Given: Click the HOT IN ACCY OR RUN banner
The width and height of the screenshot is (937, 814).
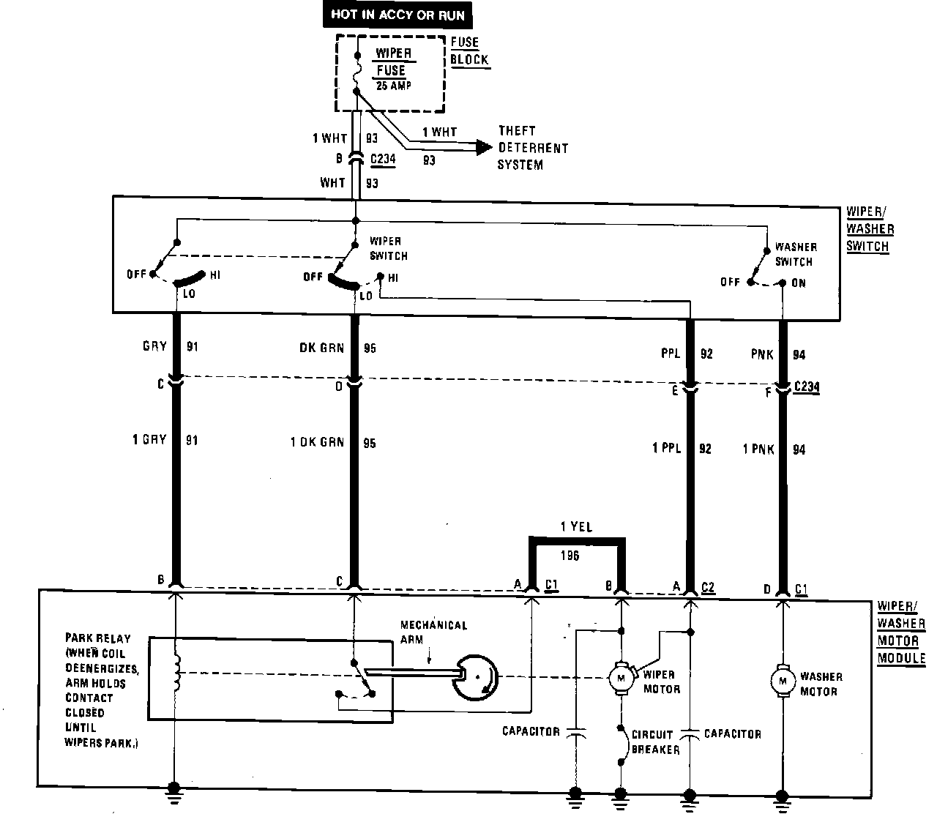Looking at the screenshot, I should tap(397, 15).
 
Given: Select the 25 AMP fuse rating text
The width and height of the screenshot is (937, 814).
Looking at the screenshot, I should tap(393, 86).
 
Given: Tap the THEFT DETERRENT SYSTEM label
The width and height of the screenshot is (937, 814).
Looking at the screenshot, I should tap(532, 148).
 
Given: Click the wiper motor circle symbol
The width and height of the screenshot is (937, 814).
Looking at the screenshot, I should tap(621, 678).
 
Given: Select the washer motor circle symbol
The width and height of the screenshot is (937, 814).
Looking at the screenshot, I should tap(783, 680).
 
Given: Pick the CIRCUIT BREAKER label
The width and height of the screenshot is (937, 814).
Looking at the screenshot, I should tap(655, 742).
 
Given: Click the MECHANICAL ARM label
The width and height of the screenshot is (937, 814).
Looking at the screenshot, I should tap(433, 632).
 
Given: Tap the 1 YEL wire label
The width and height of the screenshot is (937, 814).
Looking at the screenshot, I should tap(576, 527).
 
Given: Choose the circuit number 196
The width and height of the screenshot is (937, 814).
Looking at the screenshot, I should tap(570, 556).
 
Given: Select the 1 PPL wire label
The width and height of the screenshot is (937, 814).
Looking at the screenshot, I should tap(666, 449).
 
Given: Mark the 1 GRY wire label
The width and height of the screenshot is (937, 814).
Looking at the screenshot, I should tap(149, 440).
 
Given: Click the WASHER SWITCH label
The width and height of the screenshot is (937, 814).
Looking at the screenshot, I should tap(795, 255).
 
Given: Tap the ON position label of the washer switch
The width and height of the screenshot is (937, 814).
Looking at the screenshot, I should tap(798, 283).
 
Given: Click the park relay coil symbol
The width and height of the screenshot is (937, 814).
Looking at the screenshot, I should tap(176, 672).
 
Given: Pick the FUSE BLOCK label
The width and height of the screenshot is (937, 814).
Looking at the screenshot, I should tap(469, 51).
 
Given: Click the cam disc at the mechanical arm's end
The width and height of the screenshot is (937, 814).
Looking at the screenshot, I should tap(476, 677).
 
